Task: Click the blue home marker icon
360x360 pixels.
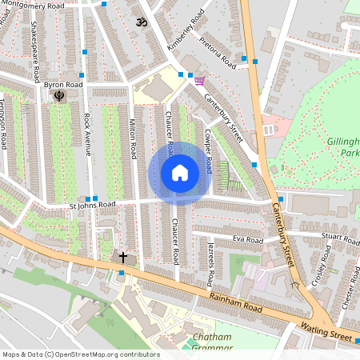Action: pyautogui.click(x=180, y=173)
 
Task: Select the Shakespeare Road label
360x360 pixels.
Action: pyautogui.click(x=35, y=53)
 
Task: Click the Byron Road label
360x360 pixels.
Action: pyautogui.click(x=64, y=84)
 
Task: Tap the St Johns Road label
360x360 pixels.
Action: pyautogui.click(x=92, y=205)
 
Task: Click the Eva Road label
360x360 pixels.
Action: pyautogui.click(x=248, y=239)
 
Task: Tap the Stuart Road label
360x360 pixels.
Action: pyautogui.click(x=342, y=238)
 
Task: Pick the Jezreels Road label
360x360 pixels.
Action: pyautogui.click(x=211, y=262)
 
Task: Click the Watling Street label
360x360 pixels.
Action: pyautogui.click(x=326, y=332)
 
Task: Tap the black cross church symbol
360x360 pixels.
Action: pyautogui.click(x=123, y=258)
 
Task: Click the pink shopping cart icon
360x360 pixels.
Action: pyautogui.click(x=198, y=79)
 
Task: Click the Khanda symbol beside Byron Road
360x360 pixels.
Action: pyautogui.click(x=59, y=96)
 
